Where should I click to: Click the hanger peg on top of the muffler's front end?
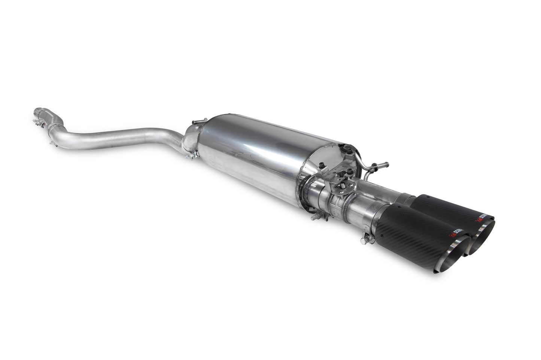point(194,122)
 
